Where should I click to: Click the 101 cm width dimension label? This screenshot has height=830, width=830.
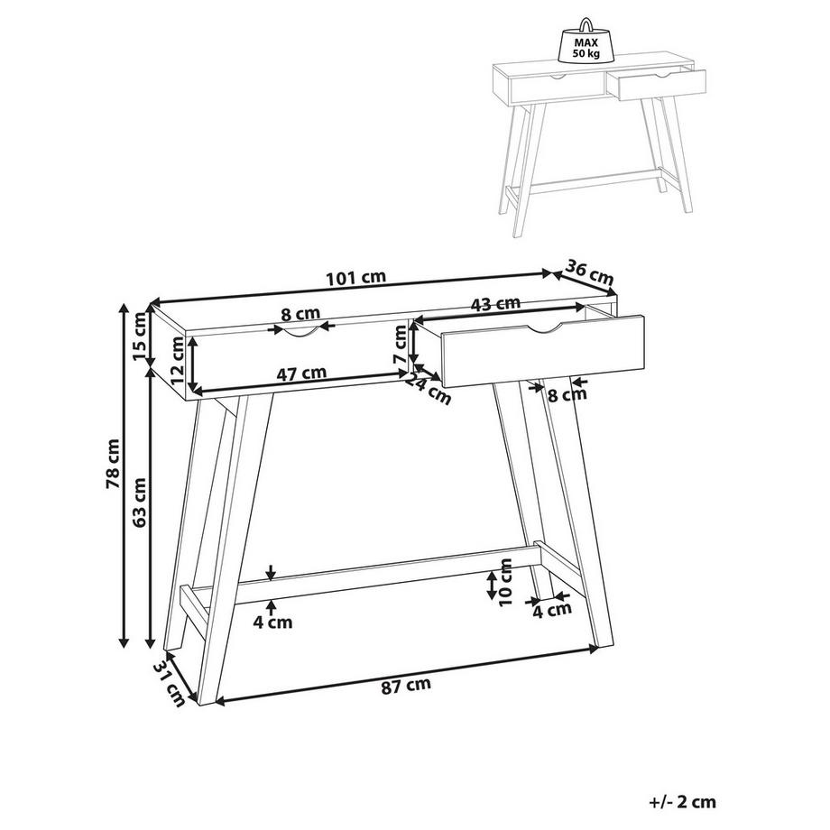coord(355,277)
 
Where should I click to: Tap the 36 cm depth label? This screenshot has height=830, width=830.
coord(589,271)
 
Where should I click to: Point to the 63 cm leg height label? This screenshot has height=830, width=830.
coord(139,503)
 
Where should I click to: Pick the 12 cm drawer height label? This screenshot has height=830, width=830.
coord(178,360)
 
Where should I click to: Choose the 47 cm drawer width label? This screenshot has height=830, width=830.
coord(301,373)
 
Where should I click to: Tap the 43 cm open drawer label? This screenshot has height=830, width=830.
coord(495,304)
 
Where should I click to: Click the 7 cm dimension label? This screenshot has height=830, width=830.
coord(401,345)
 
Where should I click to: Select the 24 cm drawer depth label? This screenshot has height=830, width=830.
coord(429,389)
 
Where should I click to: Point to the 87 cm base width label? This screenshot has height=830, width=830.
coord(406,685)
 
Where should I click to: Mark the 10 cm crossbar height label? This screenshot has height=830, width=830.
coord(505,582)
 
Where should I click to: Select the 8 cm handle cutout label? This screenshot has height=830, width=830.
coord(300,315)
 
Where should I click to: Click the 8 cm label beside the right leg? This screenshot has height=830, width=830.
coord(567,394)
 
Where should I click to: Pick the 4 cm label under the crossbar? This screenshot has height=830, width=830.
coord(272,622)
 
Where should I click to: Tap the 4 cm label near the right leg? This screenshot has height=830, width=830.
coord(551,610)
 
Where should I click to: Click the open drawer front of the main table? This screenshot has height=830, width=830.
coord(543,351)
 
